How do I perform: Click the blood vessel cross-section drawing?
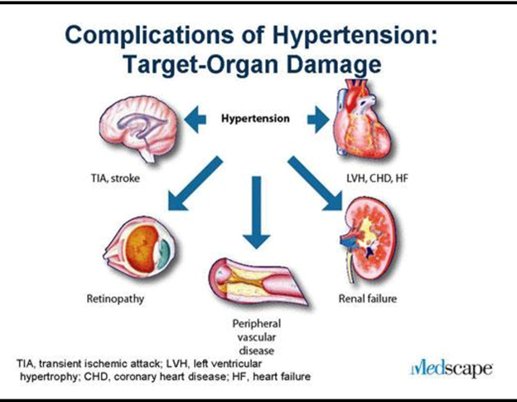258,281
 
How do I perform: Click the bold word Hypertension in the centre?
255,118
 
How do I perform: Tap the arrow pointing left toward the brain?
196,119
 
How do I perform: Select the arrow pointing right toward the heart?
318,119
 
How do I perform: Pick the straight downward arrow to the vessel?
257,213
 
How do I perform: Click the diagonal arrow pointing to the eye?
196,184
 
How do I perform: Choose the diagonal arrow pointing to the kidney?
315,184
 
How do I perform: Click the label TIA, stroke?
115,179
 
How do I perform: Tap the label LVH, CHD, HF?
377,179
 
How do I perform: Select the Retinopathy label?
115,299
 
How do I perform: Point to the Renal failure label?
368,299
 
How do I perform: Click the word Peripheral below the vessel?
257,323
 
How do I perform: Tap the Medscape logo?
452,369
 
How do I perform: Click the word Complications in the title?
149,35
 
